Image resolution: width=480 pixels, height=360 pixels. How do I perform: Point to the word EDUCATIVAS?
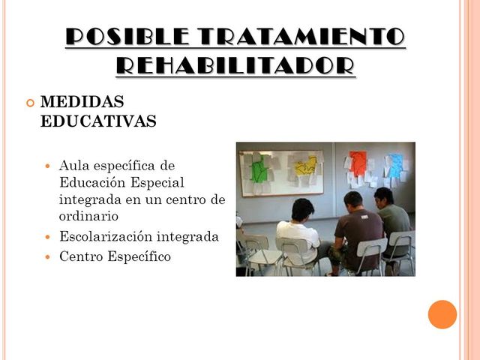point(98,121)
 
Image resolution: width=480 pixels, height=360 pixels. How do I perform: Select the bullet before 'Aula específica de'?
point(49,165)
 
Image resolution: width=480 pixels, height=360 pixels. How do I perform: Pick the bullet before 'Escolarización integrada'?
point(49,238)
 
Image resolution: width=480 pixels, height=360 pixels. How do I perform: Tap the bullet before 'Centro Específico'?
point(49,257)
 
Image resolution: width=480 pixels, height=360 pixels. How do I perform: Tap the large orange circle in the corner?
point(442,314)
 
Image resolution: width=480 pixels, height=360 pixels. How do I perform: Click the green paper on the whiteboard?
point(260,169)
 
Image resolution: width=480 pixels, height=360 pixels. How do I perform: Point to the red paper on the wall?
point(359,162)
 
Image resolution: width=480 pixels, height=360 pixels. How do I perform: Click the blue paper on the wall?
point(394,164)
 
